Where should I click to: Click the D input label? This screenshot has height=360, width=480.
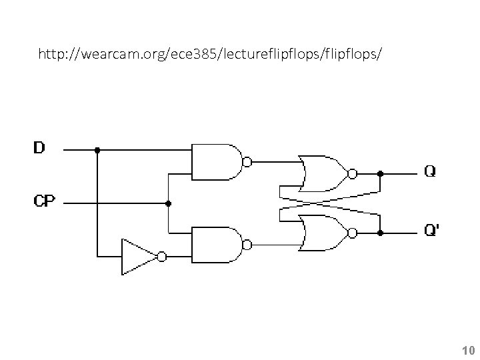click(x=39, y=147)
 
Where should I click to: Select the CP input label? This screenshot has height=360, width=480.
click(x=45, y=201)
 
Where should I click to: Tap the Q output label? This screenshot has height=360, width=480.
click(x=431, y=171)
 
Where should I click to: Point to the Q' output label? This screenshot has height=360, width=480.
click(x=432, y=231)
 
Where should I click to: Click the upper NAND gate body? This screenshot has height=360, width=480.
click(x=215, y=161)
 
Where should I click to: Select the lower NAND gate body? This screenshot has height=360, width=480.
click(x=215, y=245)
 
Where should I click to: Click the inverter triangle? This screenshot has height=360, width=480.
click(x=137, y=256)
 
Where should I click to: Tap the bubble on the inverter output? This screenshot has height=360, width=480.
click(x=161, y=256)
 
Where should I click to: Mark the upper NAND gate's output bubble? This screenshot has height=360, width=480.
click(x=247, y=161)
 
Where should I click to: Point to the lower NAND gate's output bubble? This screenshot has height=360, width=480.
click(x=247, y=245)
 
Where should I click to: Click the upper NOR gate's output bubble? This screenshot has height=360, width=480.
click(x=352, y=173)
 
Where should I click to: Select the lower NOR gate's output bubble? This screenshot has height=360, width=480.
click(x=352, y=233)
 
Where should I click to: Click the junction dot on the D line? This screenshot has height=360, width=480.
click(x=97, y=150)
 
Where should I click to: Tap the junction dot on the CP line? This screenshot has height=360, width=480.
click(x=169, y=203)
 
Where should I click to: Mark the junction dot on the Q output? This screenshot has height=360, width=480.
click(x=380, y=173)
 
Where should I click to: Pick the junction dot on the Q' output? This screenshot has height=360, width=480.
click(x=380, y=233)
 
